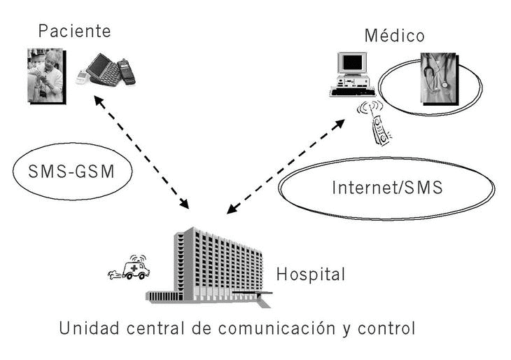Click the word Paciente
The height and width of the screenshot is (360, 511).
click(x=74, y=31)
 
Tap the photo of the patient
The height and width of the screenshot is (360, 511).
click(x=45, y=76)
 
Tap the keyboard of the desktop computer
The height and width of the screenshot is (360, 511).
click(x=353, y=91)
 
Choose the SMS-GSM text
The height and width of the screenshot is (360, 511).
click(x=72, y=172)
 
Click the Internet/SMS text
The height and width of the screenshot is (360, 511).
click(x=386, y=188)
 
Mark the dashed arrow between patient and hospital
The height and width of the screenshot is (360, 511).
click(x=141, y=152)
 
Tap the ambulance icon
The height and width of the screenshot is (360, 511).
click(x=133, y=268)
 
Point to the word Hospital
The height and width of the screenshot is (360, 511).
click(x=311, y=274)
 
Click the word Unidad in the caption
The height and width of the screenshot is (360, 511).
click(x=82, y=327)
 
